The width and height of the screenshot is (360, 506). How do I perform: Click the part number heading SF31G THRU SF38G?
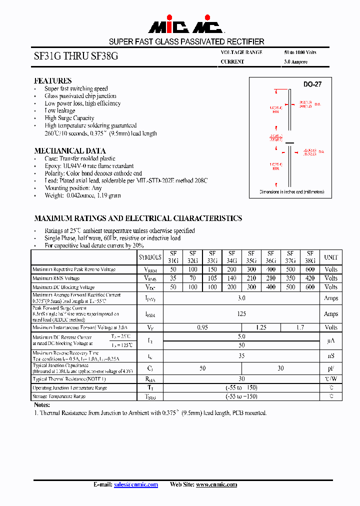tap(76, 56)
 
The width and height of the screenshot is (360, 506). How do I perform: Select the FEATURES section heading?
tap(52, 80)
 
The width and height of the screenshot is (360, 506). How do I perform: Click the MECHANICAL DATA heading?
tap(69, 150)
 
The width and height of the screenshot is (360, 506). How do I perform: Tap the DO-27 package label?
tap(312, 84)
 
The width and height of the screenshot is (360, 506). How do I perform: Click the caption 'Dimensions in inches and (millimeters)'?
tap(292, 192)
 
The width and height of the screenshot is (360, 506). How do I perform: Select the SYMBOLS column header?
tap(150, 257)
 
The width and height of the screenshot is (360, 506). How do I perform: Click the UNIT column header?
tap(331, 257)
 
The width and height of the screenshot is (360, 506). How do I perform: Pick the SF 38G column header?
tap(310, 257)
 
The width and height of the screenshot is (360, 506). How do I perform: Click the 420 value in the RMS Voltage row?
tap(310, 278)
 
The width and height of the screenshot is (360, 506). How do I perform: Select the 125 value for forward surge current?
tap(241, 314)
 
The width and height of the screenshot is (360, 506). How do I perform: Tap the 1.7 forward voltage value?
tap(300, 327)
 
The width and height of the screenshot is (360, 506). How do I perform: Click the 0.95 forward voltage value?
tap(202, 327)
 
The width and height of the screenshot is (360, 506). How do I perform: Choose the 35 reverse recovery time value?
tap(241, 356)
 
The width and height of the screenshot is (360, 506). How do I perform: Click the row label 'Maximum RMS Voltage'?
tap(56, 278)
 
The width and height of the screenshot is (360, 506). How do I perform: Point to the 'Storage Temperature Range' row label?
tap(59, 396)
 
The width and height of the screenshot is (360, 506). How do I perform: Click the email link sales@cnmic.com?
tap(135, 484)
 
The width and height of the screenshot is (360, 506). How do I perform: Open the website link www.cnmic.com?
tap(216, 484)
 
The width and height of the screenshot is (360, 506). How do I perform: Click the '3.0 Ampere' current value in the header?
tap(295, 62)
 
